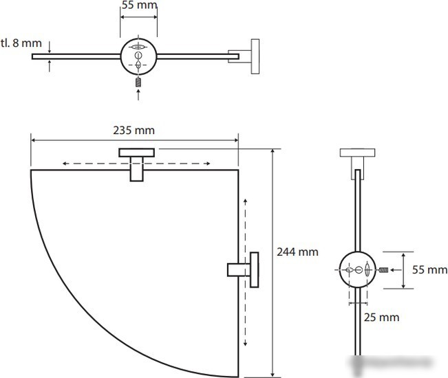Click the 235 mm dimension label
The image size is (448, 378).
tap(134, 131)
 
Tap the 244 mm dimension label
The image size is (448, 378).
tap(297, 252)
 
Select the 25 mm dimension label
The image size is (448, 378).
tap(381, 318)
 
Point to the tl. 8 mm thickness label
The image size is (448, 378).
tap(21, 43)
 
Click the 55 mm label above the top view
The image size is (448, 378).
tap(140, 5)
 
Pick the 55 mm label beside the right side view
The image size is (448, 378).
tap(429, 269)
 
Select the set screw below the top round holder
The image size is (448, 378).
tap(138, 82)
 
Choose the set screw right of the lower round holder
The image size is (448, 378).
tap(384, 269)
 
